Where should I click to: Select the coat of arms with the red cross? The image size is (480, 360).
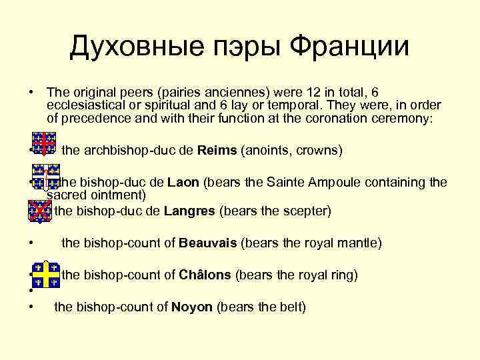click(45, 143)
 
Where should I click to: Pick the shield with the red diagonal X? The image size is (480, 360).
click(41, 211)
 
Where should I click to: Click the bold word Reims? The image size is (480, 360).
click(217, 151)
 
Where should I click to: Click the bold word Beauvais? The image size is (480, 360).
click(208, 243)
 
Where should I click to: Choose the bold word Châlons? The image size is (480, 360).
click(205, 275)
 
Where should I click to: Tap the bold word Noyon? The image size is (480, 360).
click(192, 307)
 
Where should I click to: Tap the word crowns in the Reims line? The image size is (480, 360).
click(318, 151)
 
